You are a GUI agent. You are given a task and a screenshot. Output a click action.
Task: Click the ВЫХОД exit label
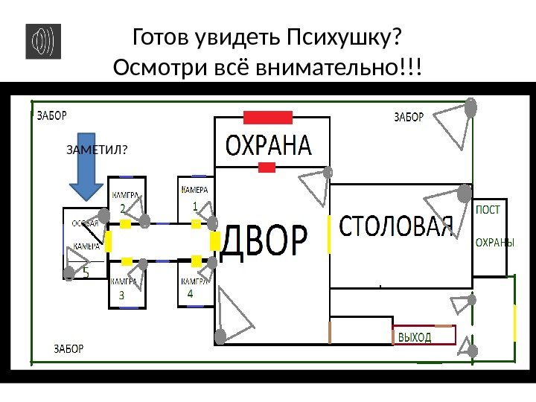[x=415, y=337]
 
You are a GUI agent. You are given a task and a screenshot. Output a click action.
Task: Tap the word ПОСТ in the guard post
[x=488, y=210]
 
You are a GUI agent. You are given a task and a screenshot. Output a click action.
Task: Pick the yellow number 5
[x=86, y=273]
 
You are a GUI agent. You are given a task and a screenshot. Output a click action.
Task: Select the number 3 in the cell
[x=122, y=296]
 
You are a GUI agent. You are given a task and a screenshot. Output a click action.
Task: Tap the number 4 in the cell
[x=190, y=295]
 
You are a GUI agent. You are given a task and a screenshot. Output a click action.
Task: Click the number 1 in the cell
[x=194, y=205]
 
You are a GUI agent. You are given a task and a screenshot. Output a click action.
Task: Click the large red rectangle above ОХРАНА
[x=268, y=117]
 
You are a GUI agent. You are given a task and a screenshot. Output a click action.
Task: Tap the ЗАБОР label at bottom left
[x=69, y=348]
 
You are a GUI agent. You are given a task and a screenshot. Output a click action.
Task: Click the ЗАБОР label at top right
[x=409, y=117]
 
